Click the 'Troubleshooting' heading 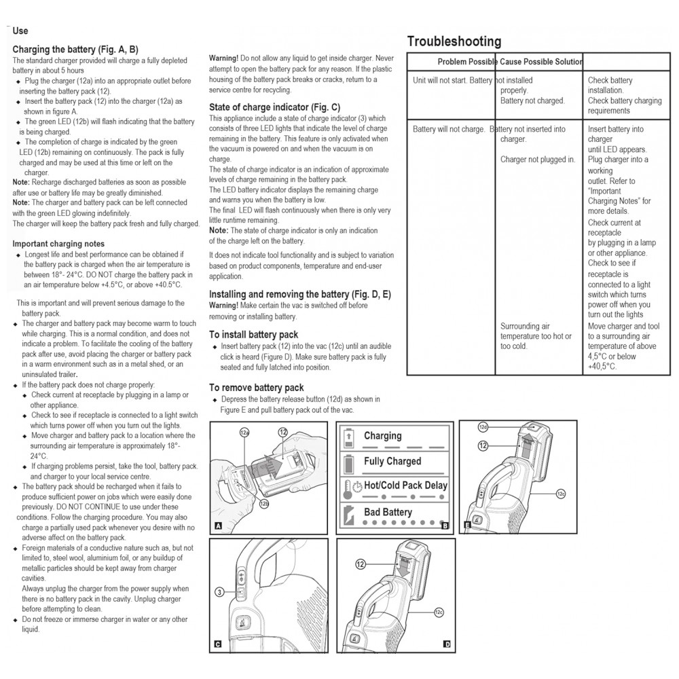click(454, 42)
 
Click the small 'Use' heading click(20, 31)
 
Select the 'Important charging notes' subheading click(58, 244)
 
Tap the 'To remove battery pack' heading click(256, 388)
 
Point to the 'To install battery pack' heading click(253, 334)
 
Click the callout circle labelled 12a click(244, 432)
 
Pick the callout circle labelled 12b click(263, 503)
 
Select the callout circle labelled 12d click(483, 427)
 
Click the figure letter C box click(217, 644)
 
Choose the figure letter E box click(467, 525)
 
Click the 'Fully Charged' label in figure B click(392, 462)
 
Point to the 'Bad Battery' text click(388, 512)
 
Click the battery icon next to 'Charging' click(350, 437)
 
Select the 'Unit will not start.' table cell click(441, 80)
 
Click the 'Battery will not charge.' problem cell click(449, 129)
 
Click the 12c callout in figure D click(439, 612)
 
